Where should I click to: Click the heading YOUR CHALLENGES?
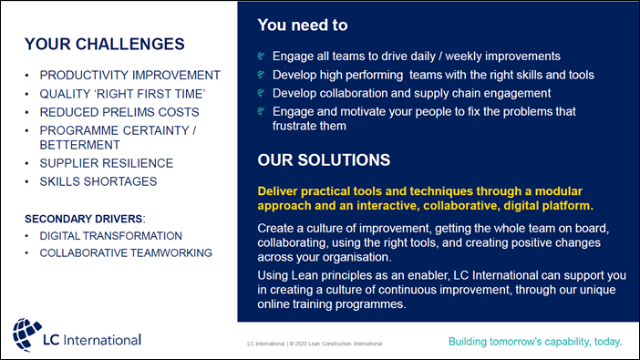point(104,44)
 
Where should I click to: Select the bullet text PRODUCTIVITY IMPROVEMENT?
point(129,75)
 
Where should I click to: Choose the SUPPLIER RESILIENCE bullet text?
point(106,163)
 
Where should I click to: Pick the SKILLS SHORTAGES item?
point(98,181)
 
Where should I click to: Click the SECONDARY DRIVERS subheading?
point(83,219)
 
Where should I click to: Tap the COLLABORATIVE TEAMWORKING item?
point(126,252)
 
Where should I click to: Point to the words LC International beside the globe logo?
point(92,340)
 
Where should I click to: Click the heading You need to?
point(302,26)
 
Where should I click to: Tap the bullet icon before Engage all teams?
point(263,56)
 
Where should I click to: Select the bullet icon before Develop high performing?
point(263,75)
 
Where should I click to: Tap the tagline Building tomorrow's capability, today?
point(535,342)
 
